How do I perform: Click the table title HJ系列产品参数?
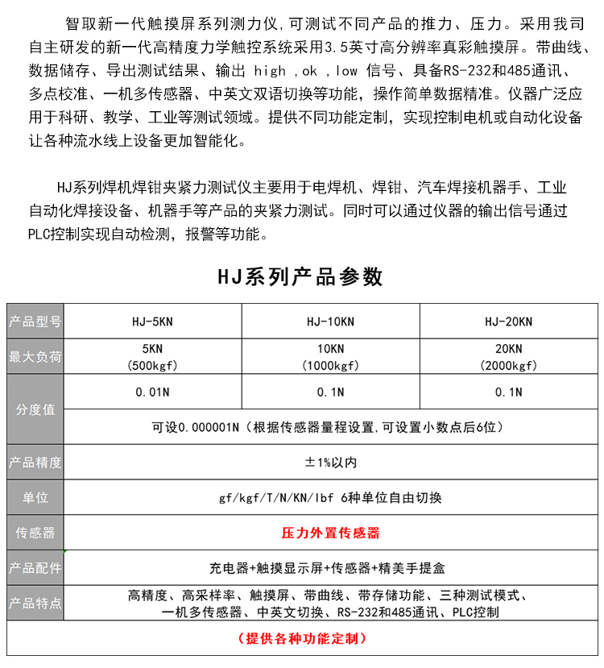point(301,276)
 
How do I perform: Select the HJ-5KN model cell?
point(152,322)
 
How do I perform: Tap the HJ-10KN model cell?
point(330,322)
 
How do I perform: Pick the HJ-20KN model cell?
point(508,322)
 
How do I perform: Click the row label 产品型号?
point(35,322)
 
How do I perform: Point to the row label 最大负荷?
point(35,357)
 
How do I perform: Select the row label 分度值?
point(35,409)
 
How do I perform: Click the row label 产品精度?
point(35,463)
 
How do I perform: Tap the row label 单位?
point(35,498)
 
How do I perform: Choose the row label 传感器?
point(35,533)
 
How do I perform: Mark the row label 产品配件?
point(35,568)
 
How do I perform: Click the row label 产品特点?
point(35,604)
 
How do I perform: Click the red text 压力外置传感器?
point(330,533)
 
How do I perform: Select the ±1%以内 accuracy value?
point(330,463)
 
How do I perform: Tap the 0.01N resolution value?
point(152,392)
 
